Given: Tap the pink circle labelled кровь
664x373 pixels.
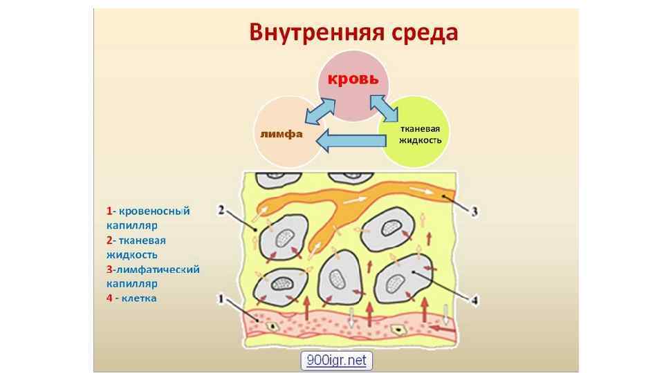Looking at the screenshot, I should pos(353,86).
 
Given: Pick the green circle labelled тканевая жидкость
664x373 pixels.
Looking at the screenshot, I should pos(418,131).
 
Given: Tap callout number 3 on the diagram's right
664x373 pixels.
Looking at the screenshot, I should pos(474,212).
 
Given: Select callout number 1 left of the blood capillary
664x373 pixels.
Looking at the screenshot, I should pos(220,300).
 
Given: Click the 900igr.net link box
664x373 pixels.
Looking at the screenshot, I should pos(337,360).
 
